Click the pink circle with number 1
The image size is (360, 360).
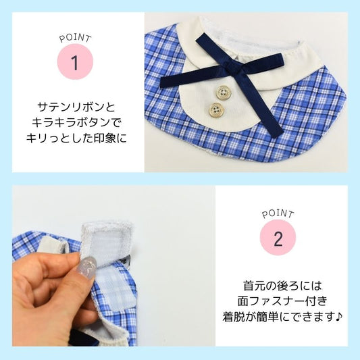(x=75, y=62)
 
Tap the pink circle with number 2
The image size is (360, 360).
(x=278, y=237)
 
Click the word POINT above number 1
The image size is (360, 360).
(x=75, y=38)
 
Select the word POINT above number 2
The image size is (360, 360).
(x=278, y=214)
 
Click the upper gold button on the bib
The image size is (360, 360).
(x=222, y=93)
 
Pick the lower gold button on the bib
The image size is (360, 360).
(x=216, y=109)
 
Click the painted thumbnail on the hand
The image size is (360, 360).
(x=88, y=267)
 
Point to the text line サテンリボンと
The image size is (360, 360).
(x=76, y=107)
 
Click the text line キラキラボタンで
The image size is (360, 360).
(x=76, y=123)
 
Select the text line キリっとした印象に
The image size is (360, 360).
(x=76, y=138)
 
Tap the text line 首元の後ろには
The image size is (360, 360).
(x=282, y=286)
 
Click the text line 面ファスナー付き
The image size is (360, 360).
(x=282, y=301)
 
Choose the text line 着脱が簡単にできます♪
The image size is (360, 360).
(x=282, y=317)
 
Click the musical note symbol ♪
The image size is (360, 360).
(x=338, y=317)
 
